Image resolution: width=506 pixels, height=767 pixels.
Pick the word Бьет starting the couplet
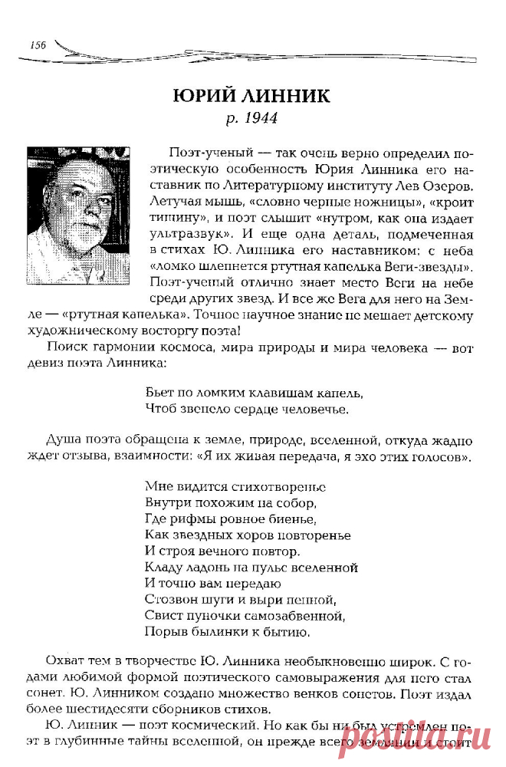click(x=158, y=393)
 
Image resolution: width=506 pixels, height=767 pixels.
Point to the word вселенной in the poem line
click(x=324, y=568)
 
